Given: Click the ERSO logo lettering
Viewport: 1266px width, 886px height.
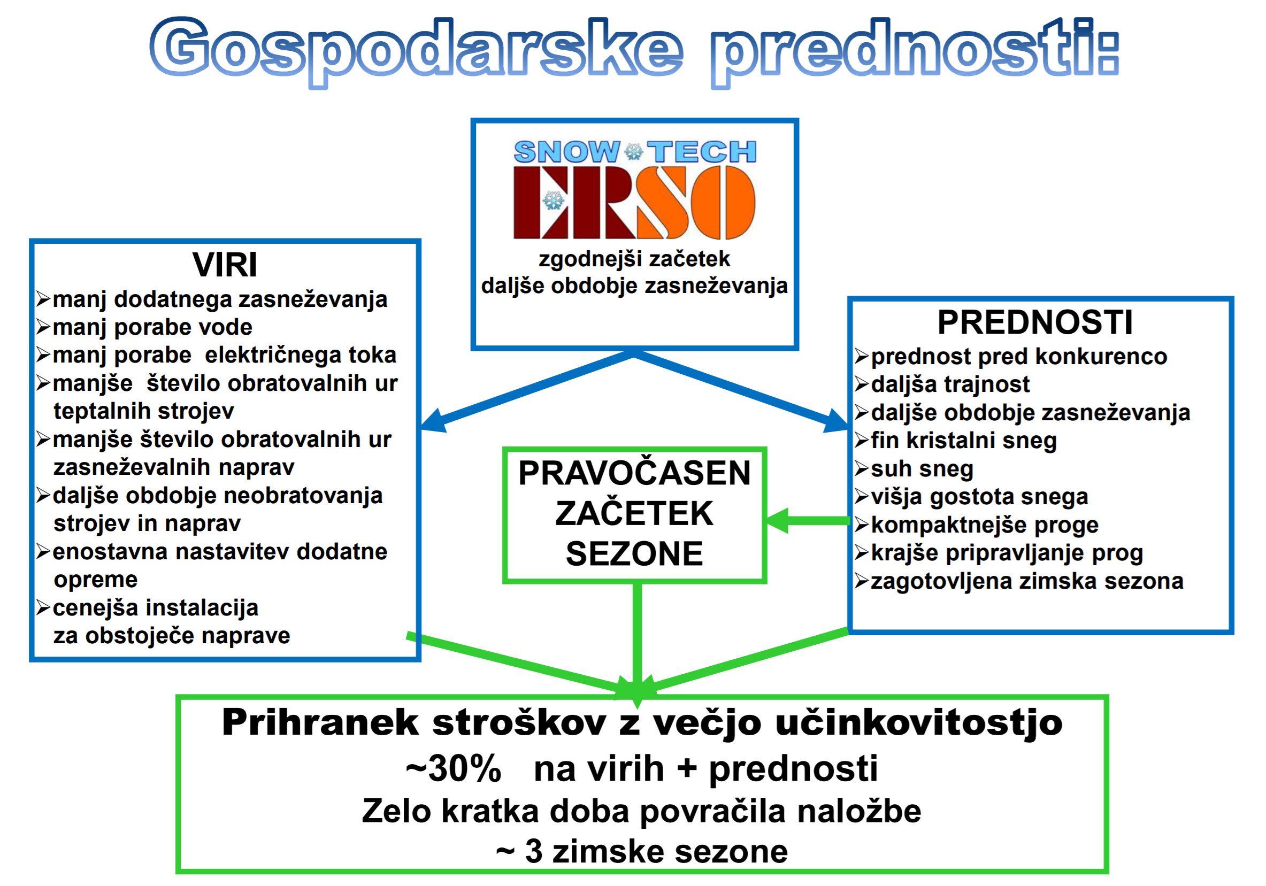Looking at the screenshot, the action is tap(634, 202).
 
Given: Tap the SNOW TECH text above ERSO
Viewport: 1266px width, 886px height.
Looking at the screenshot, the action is tap(635, 152).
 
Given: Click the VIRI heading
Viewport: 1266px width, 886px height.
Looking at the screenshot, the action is tap(225, 265).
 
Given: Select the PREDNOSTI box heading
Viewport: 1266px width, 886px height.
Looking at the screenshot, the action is tap(1035, 322).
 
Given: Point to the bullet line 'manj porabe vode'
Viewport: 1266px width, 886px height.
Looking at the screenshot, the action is tap(153, 327).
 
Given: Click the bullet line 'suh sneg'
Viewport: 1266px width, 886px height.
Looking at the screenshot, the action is tap(922, 468).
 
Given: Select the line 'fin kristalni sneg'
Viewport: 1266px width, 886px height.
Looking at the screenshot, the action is tap(964, 441).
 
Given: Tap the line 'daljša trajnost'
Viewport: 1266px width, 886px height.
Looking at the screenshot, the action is tap(950, 384).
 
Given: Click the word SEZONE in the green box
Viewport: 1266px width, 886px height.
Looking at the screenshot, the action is tap(634, 553).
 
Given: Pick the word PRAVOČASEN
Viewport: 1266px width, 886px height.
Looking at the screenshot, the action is tap(634, 473).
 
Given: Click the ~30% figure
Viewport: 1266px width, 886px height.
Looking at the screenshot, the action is tap(453, 768).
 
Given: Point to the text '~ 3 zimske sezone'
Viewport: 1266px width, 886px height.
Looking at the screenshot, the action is tap(642, 851).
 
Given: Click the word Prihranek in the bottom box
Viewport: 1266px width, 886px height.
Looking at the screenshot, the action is tap(320, 722).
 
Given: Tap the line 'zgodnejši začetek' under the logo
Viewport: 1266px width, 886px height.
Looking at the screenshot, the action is tap(634, 259).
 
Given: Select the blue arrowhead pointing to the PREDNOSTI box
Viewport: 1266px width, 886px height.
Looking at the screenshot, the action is tap(836, 421).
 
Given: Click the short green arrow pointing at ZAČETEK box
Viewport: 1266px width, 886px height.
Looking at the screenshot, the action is tap(808, 521).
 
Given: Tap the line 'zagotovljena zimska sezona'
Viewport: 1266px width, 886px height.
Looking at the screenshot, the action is tap(1027, 581).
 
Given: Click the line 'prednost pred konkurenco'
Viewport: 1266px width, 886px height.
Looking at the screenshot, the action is tap(1019, 356).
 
